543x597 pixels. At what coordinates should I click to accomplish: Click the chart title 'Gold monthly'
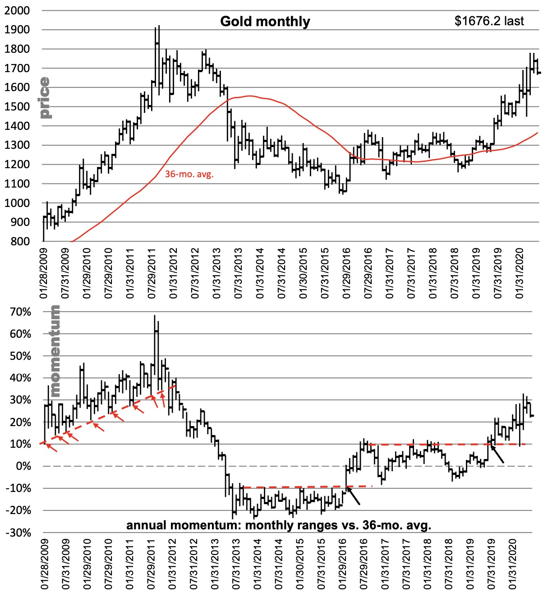coord(265,22)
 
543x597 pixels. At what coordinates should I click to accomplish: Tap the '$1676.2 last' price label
coord(489,21)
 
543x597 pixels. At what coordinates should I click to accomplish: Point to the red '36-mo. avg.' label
coord(189,174)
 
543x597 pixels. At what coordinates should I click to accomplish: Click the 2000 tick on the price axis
coord(17,10)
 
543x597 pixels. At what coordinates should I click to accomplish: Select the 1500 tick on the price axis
coord(17,107)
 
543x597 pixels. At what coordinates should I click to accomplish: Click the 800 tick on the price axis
coord(20,241)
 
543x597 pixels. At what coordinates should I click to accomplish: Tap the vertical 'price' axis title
coord(45,97)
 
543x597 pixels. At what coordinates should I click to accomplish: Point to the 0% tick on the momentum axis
coord(23,466)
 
